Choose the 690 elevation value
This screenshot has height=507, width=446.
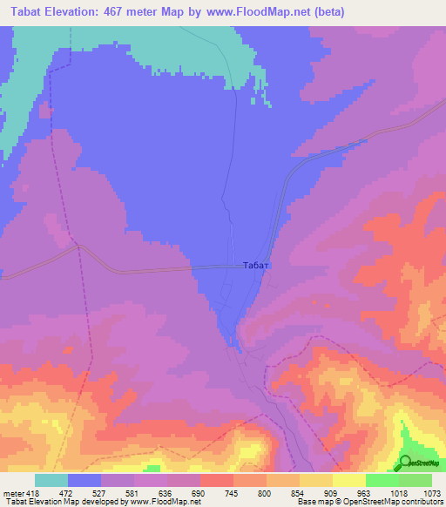point(199,494)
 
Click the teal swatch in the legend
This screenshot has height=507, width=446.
point(51,480)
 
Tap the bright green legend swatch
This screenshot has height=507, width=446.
point(382,480)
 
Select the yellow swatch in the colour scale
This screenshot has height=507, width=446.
point(348,480)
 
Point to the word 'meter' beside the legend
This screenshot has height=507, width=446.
point(11,494)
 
